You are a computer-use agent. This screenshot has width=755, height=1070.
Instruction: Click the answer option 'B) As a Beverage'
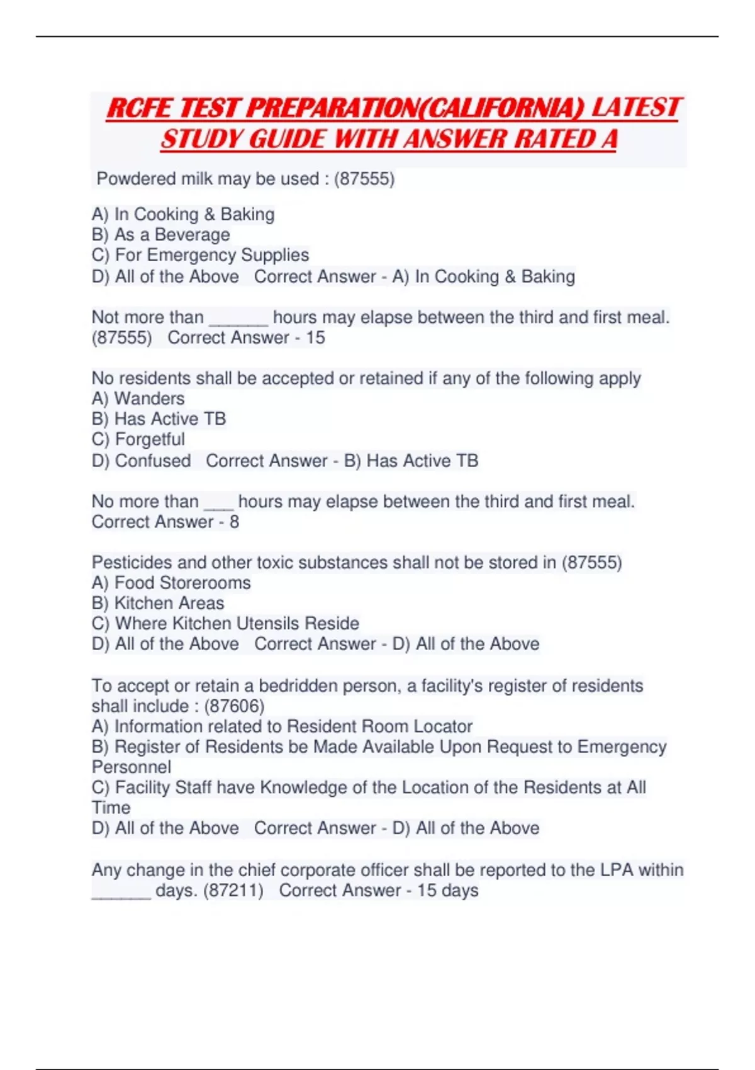(x=160, y=235)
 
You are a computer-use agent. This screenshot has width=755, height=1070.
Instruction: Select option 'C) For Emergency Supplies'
(x=200, y=255)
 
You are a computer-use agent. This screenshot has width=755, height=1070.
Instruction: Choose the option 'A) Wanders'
(x=138, y=399)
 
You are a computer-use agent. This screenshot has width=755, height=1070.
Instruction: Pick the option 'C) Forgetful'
(x=138, y=439)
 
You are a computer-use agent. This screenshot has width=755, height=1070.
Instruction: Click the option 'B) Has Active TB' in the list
(x=159, y=419)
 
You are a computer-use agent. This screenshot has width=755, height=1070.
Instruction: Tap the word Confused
(x=153, y=461)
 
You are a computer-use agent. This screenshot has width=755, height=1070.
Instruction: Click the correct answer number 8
(x=234, y=522)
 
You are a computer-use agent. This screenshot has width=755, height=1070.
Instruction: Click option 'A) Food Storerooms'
(x=171, y=583)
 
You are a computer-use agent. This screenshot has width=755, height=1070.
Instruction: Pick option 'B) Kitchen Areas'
(x=157, y=603)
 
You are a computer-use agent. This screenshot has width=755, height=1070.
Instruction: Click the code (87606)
(x=234, y=706)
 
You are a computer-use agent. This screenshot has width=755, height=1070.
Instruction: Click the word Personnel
(x=131, y=767)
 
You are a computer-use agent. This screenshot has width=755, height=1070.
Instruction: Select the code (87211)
(x=233, y=891)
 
